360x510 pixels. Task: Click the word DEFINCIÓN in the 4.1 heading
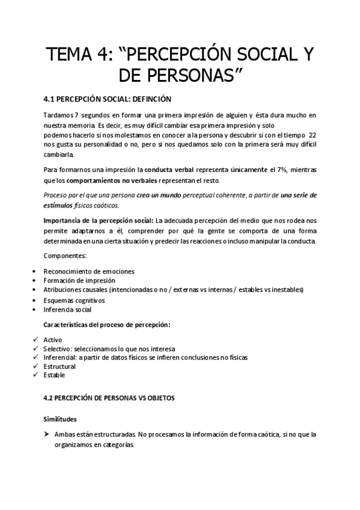150,99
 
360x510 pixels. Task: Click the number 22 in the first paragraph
311,136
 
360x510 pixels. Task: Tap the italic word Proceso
56,195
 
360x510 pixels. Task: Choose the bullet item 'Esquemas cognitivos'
74,300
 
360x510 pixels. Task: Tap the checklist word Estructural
59,366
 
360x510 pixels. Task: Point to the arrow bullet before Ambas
46,434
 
